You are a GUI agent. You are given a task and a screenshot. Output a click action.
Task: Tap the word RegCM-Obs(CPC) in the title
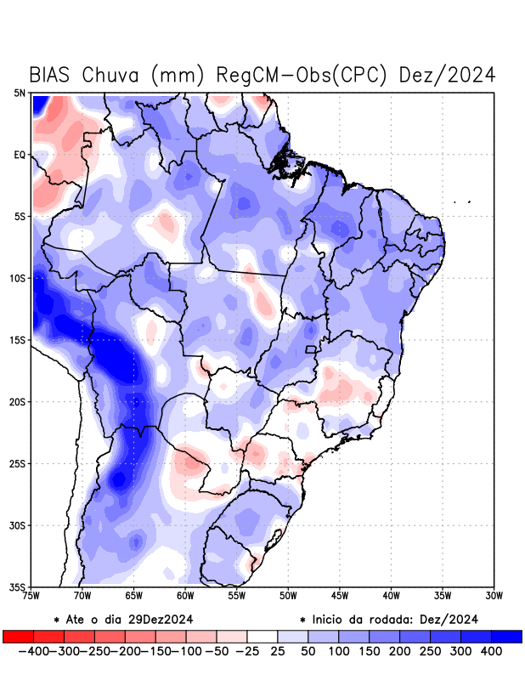pyautogui.click(x=302, y=75)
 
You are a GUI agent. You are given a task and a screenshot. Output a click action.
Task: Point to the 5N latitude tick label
pyautogui.click(x=20, y=93)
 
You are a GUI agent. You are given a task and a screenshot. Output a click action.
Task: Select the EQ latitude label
pyautogui.click(x=20, y=155)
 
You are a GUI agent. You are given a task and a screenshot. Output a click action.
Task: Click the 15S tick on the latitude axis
pyautogui.click(x=18, y=340)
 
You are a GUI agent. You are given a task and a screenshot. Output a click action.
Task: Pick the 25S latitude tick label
pyautogui.click(x=18, y=463)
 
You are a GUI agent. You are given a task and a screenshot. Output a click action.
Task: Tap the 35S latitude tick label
pyautogui.click(x=18, y=587)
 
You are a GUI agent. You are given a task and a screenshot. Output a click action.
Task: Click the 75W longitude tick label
pyautogui.click(x=31, y=595)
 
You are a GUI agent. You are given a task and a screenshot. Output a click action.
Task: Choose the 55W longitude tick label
pyautogui.click(x=237, y=595)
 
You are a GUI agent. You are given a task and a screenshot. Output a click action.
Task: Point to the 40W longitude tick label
pyautogui.click(x=392, y=595)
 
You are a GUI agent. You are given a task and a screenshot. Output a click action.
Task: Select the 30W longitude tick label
pyautogui.click(x=494, y=595)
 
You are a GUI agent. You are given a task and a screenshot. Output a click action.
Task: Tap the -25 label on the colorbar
pyautogui.click(x=247, y=651)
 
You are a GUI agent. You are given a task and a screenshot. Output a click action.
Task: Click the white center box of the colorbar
pyautogui.click(x=262, y=636)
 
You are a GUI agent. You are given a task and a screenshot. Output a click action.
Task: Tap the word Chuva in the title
pyautogui.click(x=113, y=75)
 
